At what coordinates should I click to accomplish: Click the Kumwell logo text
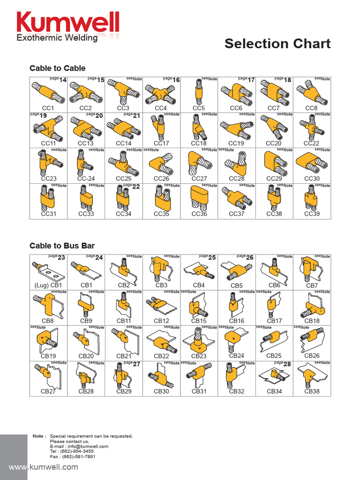coord(68,22)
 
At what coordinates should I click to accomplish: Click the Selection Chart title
coord(277,44)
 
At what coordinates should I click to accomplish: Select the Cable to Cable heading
coord(57,68)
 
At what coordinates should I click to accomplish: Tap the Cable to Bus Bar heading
coord(62,246)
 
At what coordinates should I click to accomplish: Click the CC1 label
coord(48,108)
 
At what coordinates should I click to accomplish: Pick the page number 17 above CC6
coord(251,80)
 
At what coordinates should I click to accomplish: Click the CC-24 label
coord(86,179)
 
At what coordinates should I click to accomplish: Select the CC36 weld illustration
coord(199,197)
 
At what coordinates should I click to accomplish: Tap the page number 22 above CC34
coord(136,187)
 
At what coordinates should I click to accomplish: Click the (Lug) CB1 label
coord(48,285)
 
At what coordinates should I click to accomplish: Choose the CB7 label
coord(312,285)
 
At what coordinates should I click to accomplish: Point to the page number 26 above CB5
coord(250,257)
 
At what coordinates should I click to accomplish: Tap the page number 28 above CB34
coord(287,364)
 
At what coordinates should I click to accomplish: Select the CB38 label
coord(312,391)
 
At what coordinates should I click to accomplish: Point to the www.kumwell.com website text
coord(44,467)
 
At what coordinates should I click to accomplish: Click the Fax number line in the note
coord(73,457)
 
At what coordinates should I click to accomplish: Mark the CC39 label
coord(312,214)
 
